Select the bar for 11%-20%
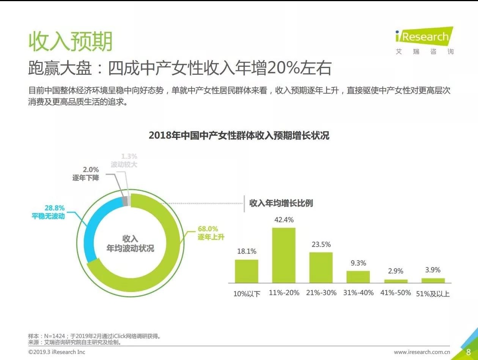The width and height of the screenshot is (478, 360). coord(284,255)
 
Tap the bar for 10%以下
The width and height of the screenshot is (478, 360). coord(247,271)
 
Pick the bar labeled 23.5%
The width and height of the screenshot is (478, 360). coord(321,267)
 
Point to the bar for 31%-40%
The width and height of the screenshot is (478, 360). coord(358,277)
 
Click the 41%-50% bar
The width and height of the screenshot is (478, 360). coord(396,281)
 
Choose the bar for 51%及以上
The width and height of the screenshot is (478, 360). coord(433,280)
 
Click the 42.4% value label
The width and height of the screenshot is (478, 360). coord(284,220)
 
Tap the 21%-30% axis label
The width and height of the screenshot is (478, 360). coord(321,293)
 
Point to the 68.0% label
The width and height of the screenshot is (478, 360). coord(208,229)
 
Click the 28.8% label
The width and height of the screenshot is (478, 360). coord(55,208)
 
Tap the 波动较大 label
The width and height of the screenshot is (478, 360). coord(124,164)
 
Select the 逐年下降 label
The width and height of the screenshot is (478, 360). coord(86,177)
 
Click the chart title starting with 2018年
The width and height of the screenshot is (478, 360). coord(239,136)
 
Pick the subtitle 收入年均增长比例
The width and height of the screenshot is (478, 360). coord(281,203)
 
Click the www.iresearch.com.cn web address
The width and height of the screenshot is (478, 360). coord(422,352)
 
